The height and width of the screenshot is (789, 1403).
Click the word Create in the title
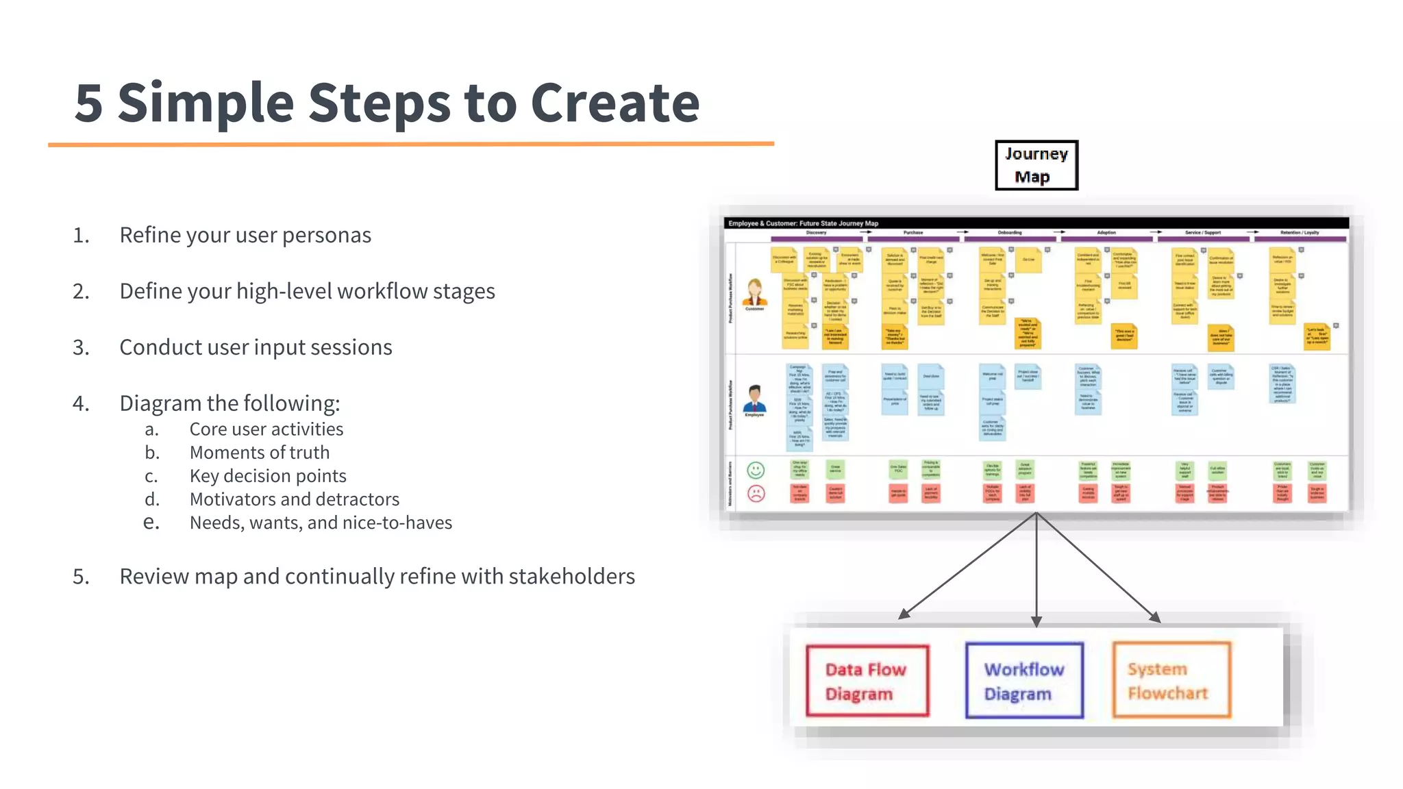pyautogui.click(x=614, y=103)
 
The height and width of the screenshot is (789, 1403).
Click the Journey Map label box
pyautogui.click(x=1036, y=165)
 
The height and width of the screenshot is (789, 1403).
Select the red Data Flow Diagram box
pyautogui.click(x=867, y=681)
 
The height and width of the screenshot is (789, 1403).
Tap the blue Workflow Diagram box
pyautogui.click(x=1024, y=681)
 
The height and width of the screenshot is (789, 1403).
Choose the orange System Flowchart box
pyautogui.click(x=1171, y=680)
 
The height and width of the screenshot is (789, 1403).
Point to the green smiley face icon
pyautogui.click(x=756, y=470)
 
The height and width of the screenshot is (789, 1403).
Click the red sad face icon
pyautogui.click(x=756, y=493)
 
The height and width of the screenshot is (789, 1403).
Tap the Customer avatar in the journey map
pyautogui.click(x=755, y=292)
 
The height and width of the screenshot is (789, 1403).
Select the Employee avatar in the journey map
pyautogui.click(x=754, y=399)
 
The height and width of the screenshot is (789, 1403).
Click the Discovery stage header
pyautogui.click(x=816, y=233)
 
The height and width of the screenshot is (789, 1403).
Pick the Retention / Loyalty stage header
pyautogui.click(x=1300, y=233)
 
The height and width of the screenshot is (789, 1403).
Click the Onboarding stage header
pyautogui.click(x=1010, y=233)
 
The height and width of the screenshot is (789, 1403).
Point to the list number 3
pyautogui.click(x=81, y=348)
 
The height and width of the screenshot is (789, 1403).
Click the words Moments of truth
pyautogui.click(x=259, y=453)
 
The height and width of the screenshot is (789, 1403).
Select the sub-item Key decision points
pyautogui.click(x=268, y=476)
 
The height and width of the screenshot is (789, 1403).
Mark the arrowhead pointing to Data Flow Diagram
pyautogui.click(x=904, y=614)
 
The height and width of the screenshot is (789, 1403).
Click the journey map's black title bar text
pyautogui.click(x=803, y=223)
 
